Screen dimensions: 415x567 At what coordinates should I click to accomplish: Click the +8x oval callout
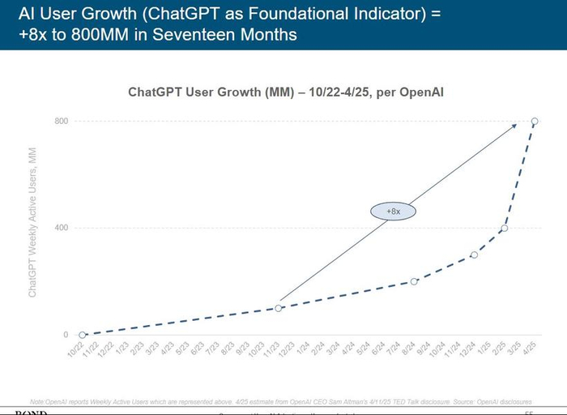[x=392, y=211]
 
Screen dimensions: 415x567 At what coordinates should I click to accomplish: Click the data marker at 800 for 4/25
[x=535, y=122]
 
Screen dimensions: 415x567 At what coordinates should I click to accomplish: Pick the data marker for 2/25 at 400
[x=504, y=228]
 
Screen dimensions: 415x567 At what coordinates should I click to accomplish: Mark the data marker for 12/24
[x=474, y=255]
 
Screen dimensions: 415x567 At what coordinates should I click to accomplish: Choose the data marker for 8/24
[x=414, y=281]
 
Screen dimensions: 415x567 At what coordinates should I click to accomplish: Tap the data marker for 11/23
[x=278, y=308]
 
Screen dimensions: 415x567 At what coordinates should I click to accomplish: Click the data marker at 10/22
[x=82, y=334]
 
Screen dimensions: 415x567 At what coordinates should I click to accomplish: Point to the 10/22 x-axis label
[x=77, y=350]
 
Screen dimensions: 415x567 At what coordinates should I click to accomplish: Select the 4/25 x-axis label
[x=530, y=350]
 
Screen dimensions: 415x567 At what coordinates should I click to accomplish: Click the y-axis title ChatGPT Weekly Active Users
[x=33, y=227]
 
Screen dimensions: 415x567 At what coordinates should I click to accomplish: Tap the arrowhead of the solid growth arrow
[x=515, y=124]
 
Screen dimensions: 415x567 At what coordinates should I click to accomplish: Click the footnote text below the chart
[x=279, y=401]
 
